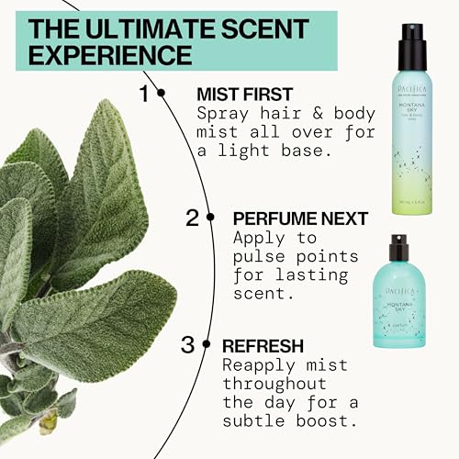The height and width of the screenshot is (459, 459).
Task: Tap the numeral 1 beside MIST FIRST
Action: [143, 93]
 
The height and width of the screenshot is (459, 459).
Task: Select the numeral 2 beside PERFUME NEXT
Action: [192, 218]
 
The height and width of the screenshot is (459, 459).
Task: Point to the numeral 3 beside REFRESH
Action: [187, 346]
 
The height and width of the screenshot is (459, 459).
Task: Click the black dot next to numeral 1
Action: [162, 93]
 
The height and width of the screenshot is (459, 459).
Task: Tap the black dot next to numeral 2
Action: [211, 218]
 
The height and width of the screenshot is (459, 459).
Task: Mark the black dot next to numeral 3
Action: [206, 346]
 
